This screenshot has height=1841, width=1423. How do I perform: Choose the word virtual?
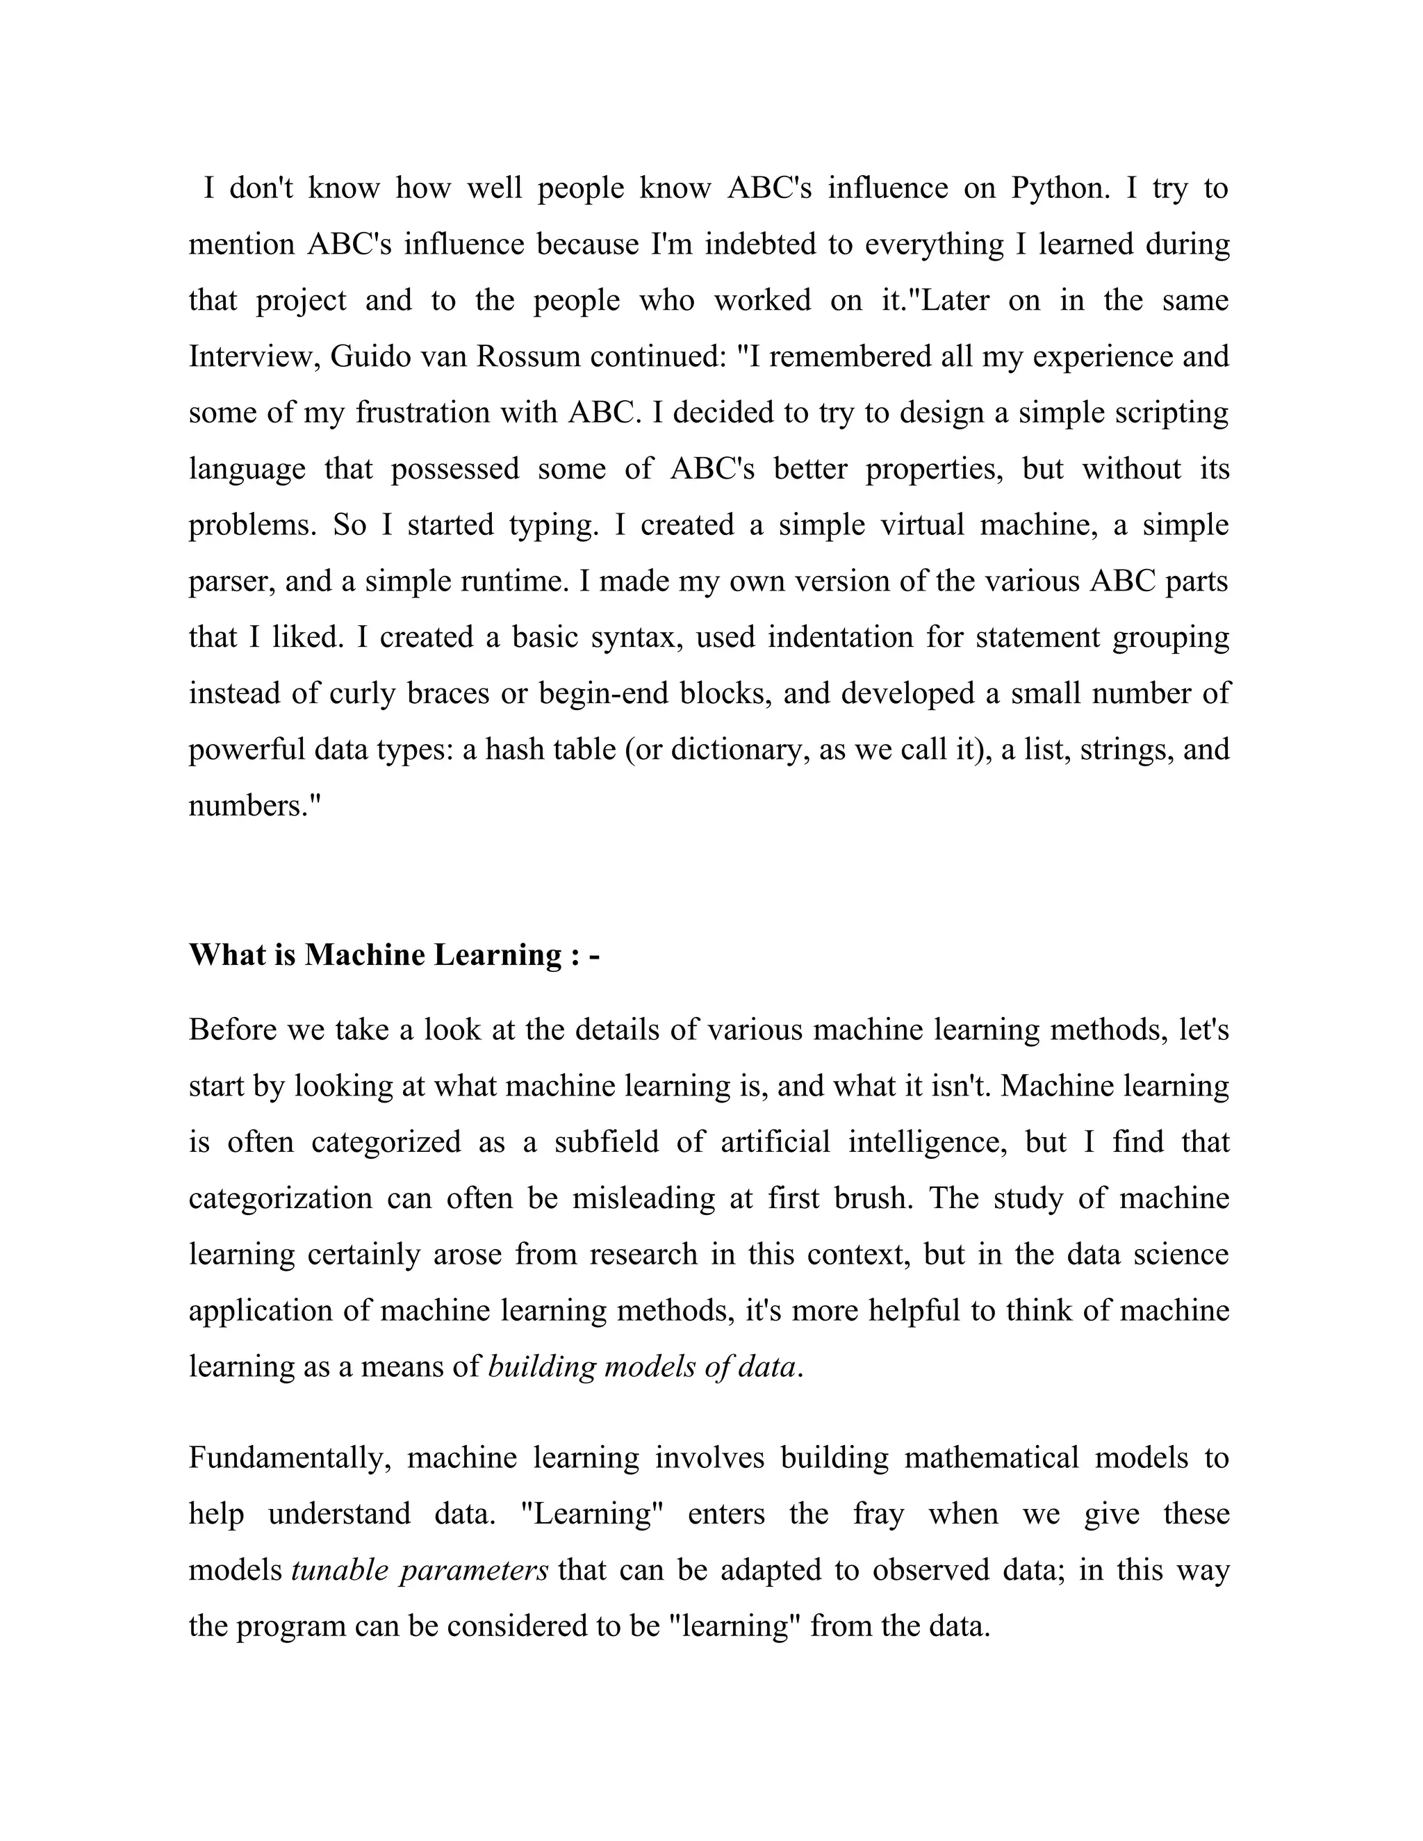point(922,525)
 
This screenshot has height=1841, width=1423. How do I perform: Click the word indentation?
point(841,637)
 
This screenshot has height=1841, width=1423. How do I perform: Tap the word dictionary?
point(735,750)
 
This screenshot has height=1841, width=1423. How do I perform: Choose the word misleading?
point(644,1198)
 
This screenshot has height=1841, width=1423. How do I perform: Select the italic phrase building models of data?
point(643,1367)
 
